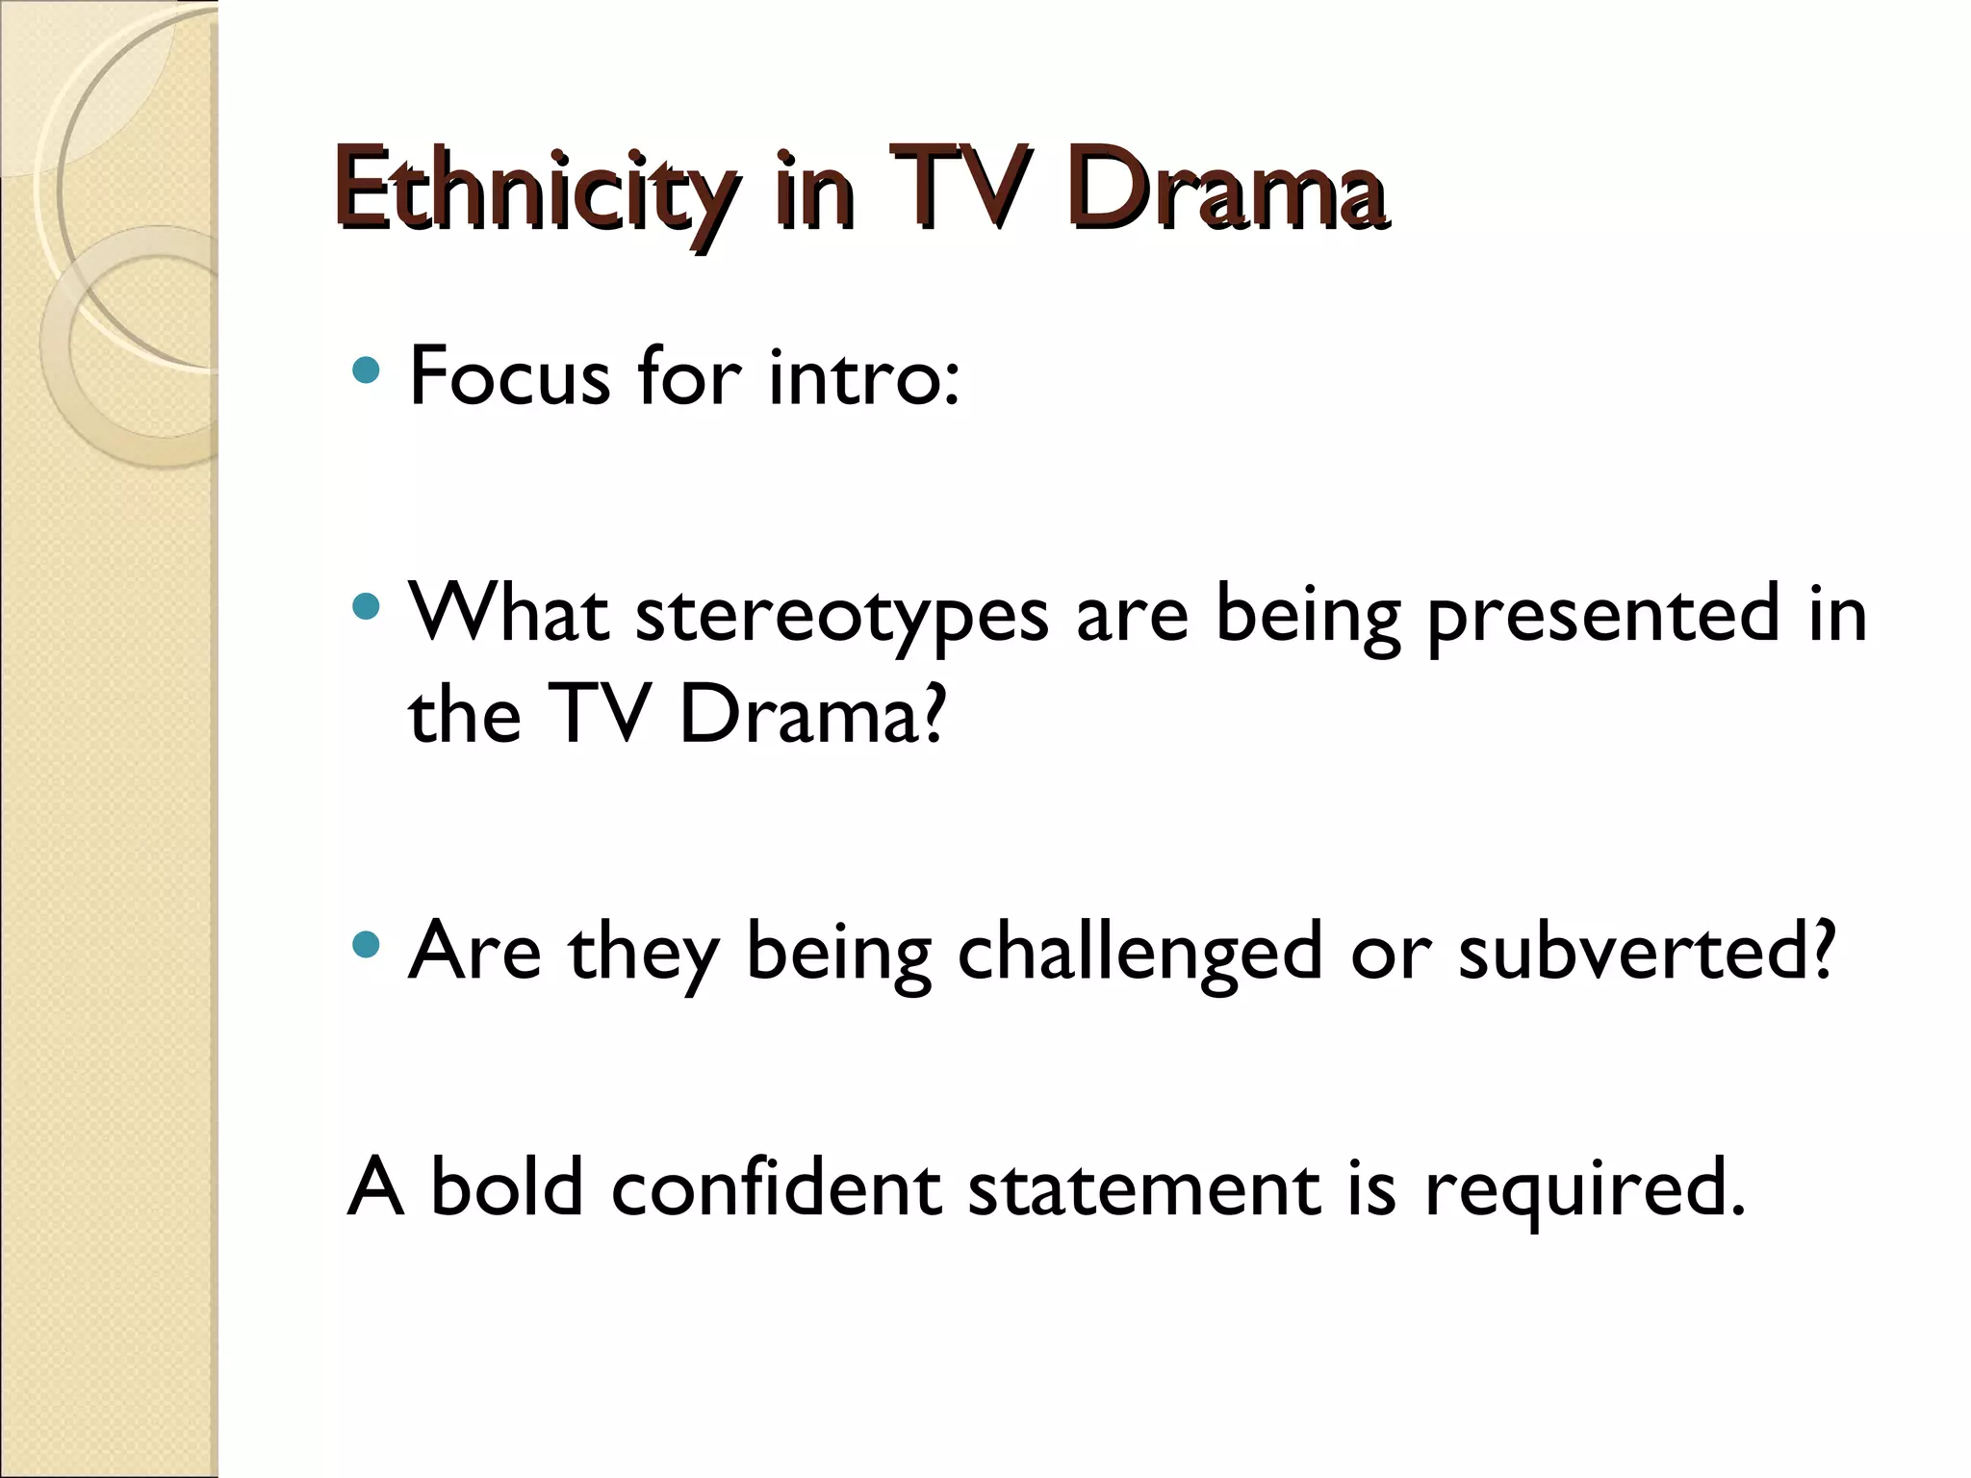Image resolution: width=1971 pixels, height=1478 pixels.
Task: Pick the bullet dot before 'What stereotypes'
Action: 367,606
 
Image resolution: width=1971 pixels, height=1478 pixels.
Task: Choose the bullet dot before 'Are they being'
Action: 367,944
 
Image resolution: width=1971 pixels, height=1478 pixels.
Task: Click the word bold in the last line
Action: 507,1187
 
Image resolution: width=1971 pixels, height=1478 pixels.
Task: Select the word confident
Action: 775,1187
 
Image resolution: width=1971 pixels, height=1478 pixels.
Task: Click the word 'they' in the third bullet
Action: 644,953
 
